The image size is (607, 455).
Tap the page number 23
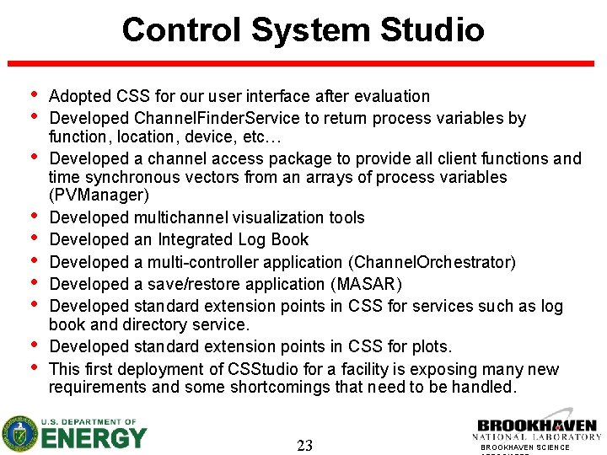(304, 446)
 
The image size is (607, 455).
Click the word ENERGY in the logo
(94, 439)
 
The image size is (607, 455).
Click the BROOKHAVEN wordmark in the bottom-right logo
(537, 426)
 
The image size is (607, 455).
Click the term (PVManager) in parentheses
(99, 195)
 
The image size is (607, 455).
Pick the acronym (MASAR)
(368, 284)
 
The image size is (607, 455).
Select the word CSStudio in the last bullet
(261, 369)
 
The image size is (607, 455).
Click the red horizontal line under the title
(303, 63)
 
